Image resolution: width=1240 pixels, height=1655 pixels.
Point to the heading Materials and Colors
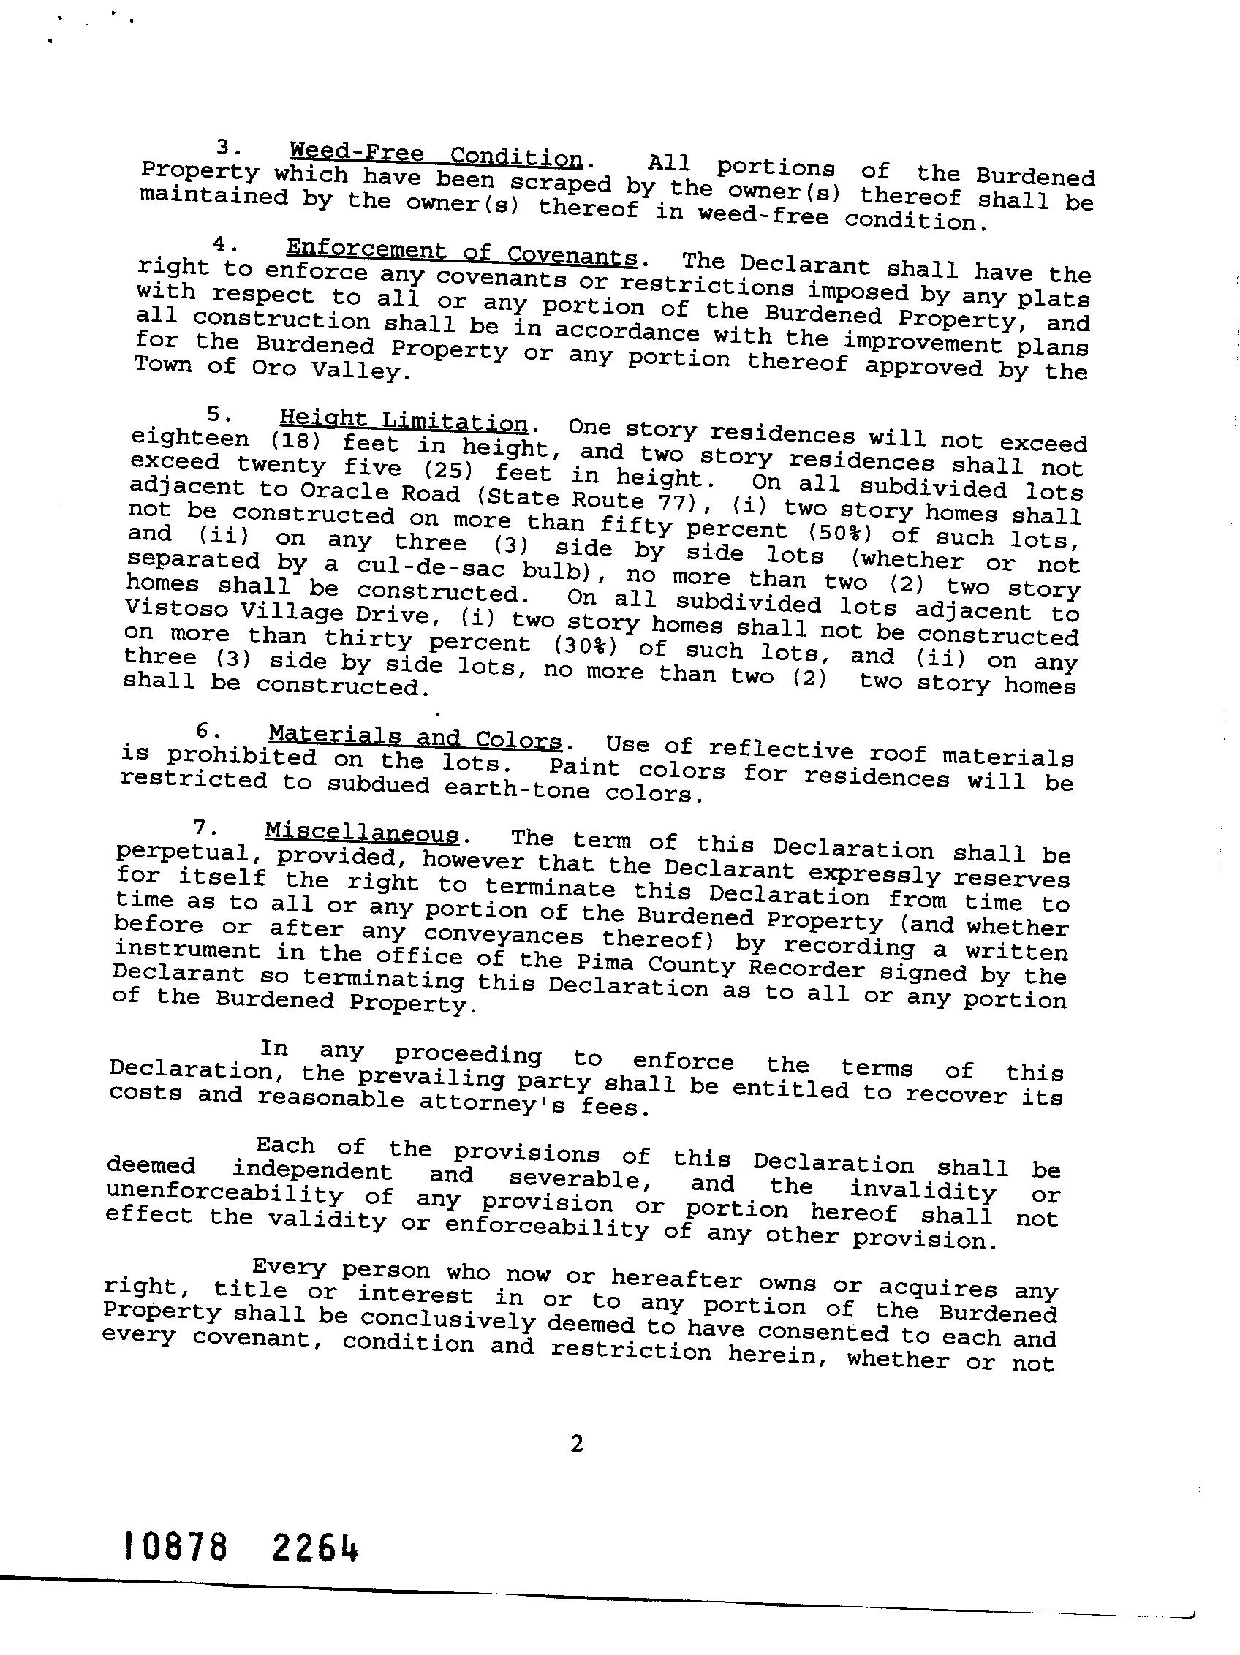(x=415, y=738)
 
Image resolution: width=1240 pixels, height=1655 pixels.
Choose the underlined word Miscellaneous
(x=361, y=833)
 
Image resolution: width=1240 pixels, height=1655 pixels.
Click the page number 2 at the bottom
(x=576, y=1444)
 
